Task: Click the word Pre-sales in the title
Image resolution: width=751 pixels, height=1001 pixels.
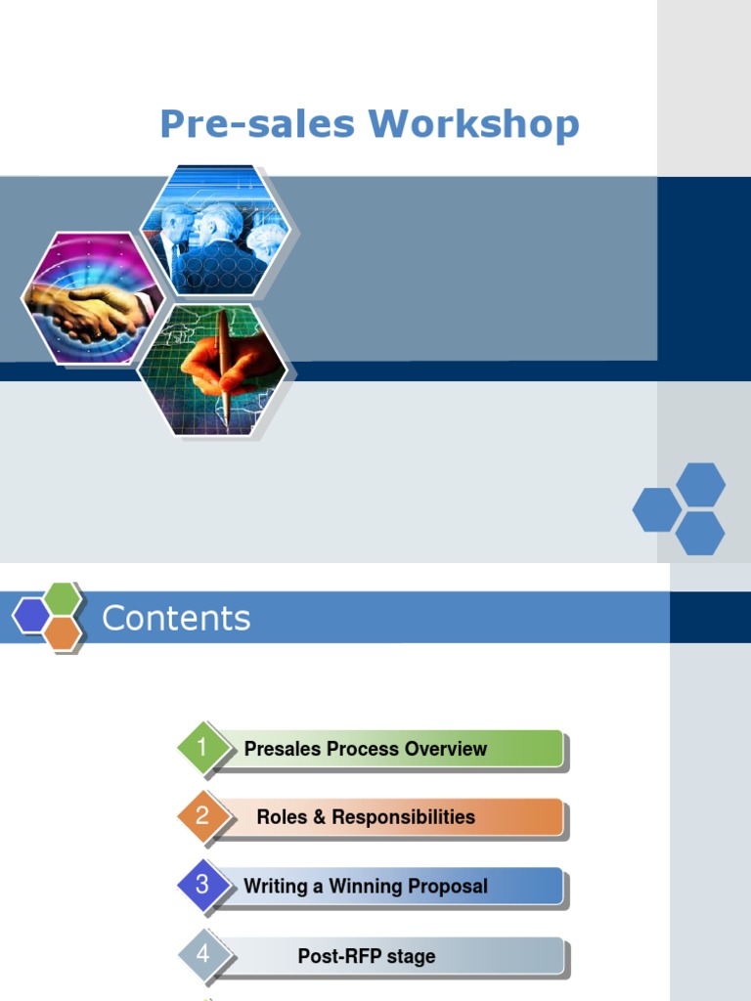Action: point(259,124)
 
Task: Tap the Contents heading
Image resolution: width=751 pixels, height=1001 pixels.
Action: point(176,618)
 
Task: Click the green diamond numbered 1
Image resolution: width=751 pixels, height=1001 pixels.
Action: point(202,749)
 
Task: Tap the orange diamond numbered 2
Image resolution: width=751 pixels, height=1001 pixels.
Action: point(202,816)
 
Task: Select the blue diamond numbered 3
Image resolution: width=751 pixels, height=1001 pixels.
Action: point(202,885)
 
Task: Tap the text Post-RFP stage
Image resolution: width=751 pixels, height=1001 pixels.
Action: point(367,956)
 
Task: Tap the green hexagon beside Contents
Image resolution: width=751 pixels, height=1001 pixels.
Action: point(63,597)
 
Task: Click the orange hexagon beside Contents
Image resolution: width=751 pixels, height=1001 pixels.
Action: point(62,632)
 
